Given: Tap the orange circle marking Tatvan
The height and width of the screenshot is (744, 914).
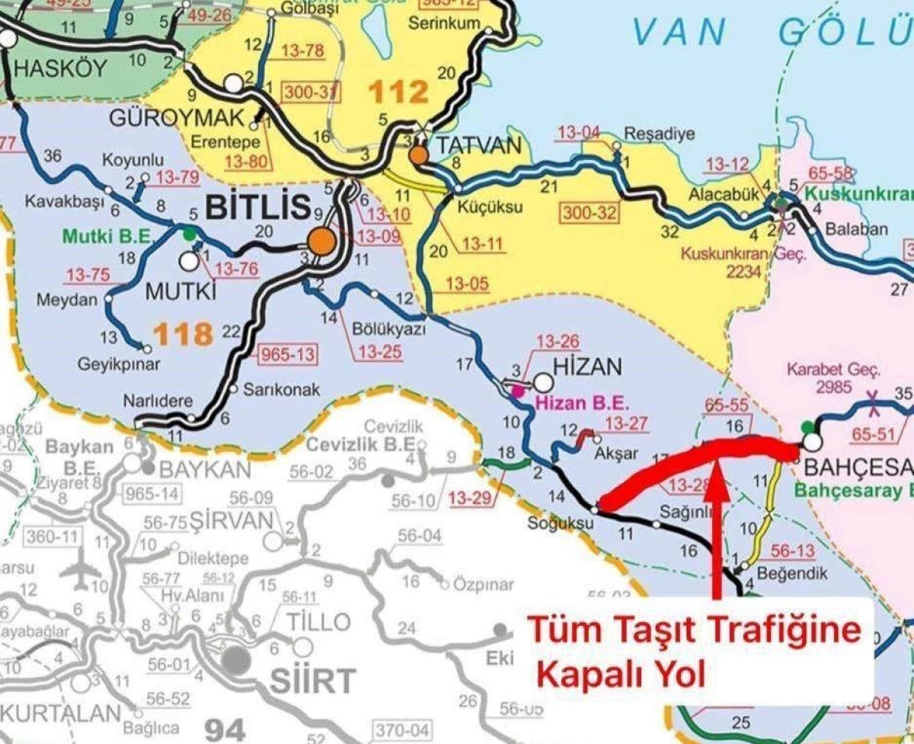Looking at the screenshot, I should [x=418, y=155].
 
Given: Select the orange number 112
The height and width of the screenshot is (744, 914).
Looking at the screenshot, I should [x=398, y=92].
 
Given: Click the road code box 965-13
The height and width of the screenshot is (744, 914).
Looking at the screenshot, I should [x=289, y=355].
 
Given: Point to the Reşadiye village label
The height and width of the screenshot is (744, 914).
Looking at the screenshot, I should [x=659, y=134].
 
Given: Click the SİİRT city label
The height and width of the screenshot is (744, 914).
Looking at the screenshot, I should [x=312, y=679].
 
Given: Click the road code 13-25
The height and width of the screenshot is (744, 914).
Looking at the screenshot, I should [x=379, y=353].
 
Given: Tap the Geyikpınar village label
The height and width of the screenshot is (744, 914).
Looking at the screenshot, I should [x=120, y=365].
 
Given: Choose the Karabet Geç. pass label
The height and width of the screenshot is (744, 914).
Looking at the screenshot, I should [x=844, y=371].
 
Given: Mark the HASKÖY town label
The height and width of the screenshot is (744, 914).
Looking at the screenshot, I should [x=61, y=69].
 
